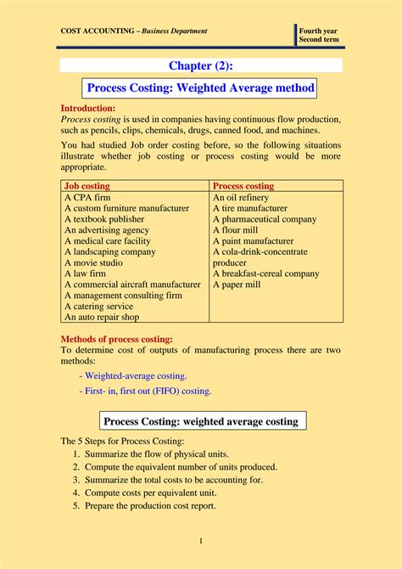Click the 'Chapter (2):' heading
pyautogui.click(x=200, y=65)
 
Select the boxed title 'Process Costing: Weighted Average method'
pyautogui.click(x=201, y=87)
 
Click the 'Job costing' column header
pyautogui.click(x=87, y=185)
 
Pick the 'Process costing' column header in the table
pyautogui.click(x=243, y=185)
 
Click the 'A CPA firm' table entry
pyautogui.click(x=87, y=196)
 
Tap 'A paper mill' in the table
pyautogui.click(x=237, y=284)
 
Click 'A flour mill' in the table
pyautogui.click(x=237, y=229)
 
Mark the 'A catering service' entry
pyautogui.click(x=98, y=306)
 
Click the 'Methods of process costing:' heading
pyautogui.click(x=116, y=339)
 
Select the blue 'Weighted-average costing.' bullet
pyautogui.click(x=132, y=375)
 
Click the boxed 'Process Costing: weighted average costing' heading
pyautogui.click(x=200, y=421)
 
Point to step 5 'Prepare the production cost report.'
pyautogui.click(x=149, y=505)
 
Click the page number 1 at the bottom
pyautogui.click(x=201, y=541)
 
